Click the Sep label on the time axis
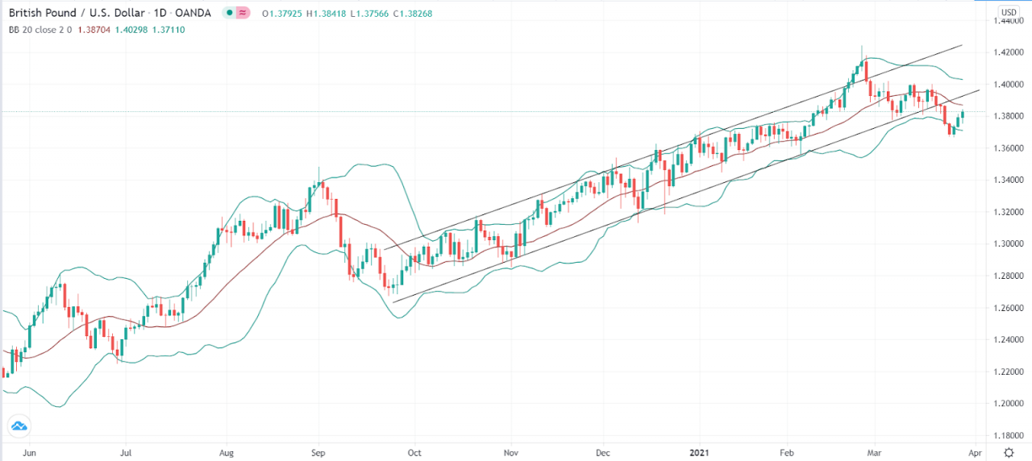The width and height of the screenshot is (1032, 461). [318, 454]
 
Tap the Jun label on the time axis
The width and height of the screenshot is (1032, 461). [31, 454]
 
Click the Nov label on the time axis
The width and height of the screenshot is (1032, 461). [510, 454]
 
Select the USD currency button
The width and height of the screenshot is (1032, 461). [1009, 12]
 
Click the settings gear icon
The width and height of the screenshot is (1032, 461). [1009, 454]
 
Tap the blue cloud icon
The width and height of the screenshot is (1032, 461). [19, 426]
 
